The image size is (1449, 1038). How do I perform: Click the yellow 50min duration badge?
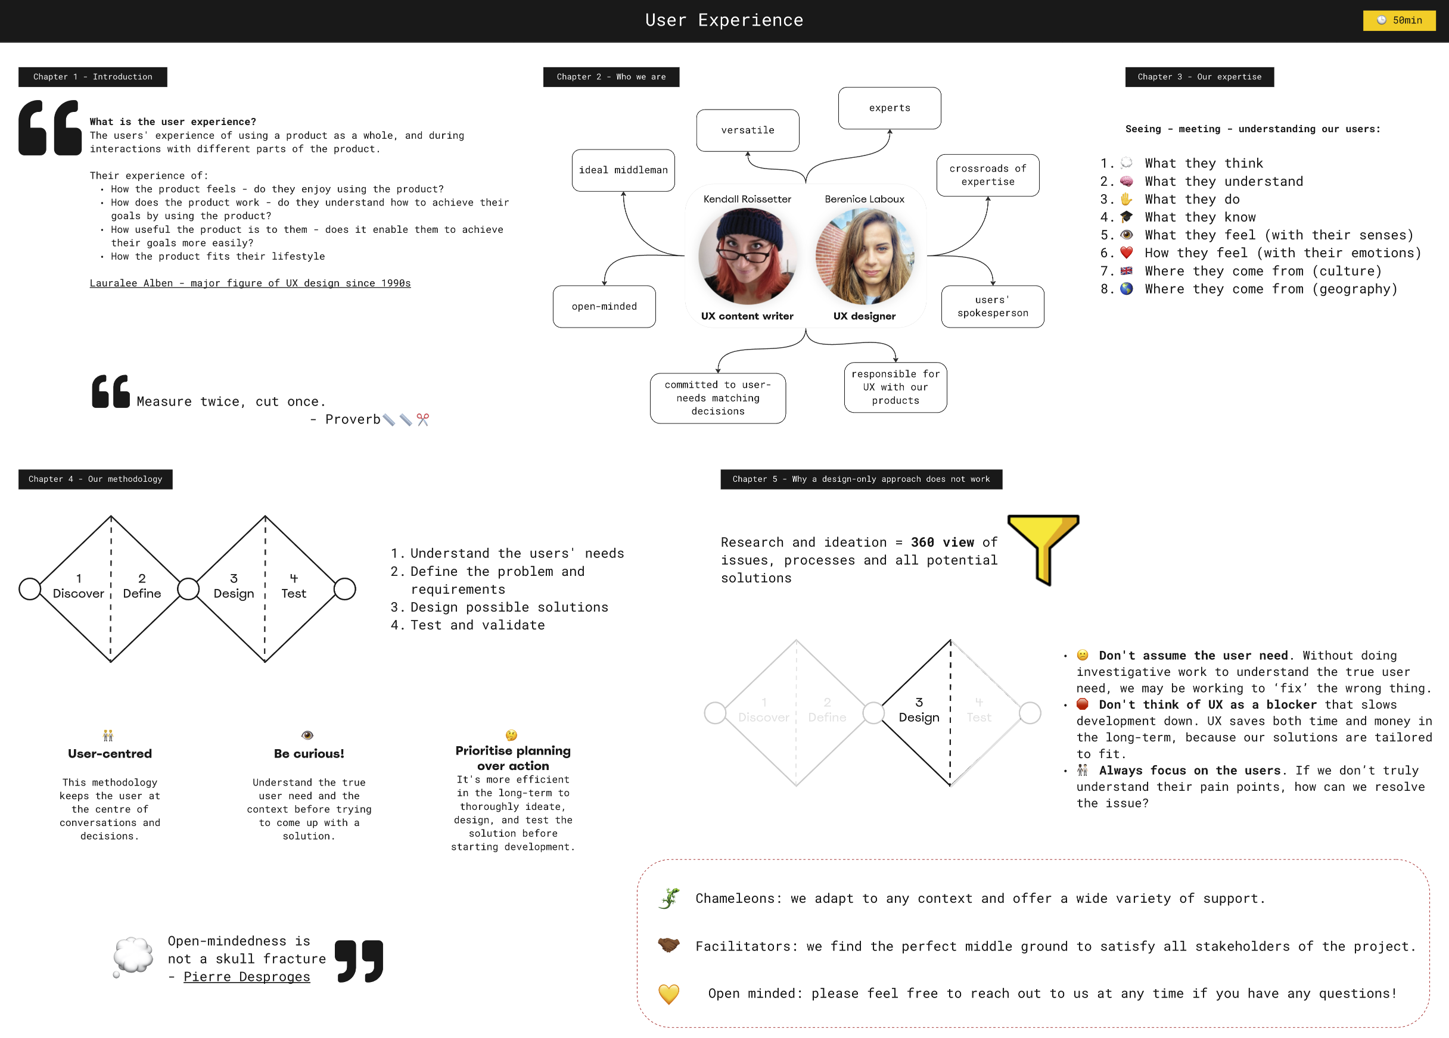[x=1399, y=20]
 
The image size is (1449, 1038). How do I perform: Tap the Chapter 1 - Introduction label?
[x=92, y=77]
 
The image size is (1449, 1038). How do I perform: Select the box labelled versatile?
[x=748, y=130]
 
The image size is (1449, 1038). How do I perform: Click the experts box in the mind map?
[x=890, y=108]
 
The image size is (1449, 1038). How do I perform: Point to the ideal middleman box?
[x=623, y=170]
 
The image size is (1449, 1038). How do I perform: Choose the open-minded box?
[x=604, y=307]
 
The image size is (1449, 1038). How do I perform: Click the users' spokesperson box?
[x=993, y=307]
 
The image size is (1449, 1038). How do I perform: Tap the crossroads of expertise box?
[x=988, y=175]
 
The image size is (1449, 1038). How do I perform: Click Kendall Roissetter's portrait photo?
[x=748, y=256]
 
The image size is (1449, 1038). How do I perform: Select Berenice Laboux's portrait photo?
[x=865, y=256]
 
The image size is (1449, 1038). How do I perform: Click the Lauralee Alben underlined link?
[x=250, y=283]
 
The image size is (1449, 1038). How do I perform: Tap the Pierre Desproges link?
[x=247, y=977]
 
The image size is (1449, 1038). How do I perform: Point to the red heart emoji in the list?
[x=1126, y=253]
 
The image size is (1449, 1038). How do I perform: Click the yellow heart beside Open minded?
[x=669, y=993]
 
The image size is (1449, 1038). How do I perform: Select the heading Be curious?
[x=309, y=754]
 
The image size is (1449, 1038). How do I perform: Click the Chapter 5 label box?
[x=861, y=479]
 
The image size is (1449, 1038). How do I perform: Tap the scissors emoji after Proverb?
[x=423, y=419]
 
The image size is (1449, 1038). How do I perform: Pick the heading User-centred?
[x=110, y=754]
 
